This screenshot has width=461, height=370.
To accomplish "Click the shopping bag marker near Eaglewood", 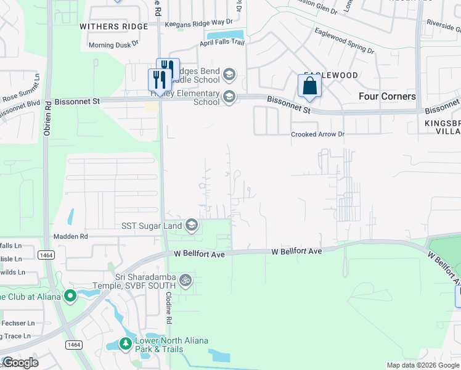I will (309, 86).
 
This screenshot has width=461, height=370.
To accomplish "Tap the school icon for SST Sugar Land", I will (192, 226).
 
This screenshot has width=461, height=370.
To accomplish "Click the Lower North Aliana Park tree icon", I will (126, 343).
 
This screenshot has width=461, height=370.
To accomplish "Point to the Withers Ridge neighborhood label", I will (114, 27).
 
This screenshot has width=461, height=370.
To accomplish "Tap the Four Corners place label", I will (387, 96).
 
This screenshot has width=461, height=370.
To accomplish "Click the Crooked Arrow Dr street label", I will (317, 134).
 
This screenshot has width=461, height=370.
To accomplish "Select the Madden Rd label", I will (71, 236).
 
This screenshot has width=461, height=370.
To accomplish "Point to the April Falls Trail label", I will (221, 43).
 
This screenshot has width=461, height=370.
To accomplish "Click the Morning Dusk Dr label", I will (113, 45).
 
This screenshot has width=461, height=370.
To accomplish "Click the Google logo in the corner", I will (20, 363).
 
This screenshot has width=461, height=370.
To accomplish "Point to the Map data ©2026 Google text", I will (423, 365).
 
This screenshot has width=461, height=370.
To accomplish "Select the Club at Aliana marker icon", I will (70, 297).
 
